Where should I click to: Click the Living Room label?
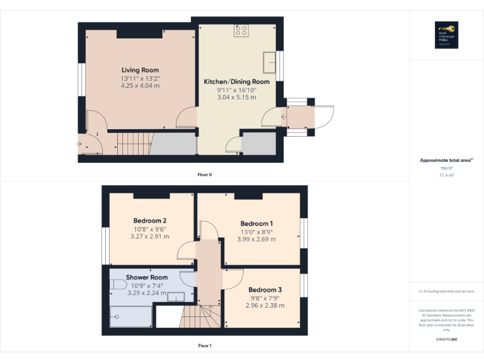point(140,70)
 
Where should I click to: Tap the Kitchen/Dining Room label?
point(236,82)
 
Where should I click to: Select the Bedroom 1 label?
point(256,224)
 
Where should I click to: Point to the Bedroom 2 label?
point(149,221)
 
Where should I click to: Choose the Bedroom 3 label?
point(265,290)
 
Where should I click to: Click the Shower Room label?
point(146,277)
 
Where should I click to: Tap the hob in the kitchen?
point(241,30)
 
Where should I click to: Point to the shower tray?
point(130,316)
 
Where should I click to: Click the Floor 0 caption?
point(204,174)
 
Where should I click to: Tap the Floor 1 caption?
point(204,345)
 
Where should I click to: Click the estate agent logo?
point(446,35)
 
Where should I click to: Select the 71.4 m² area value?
point(446,175)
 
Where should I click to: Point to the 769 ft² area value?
point(446,168)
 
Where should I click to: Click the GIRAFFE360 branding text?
point(446,340)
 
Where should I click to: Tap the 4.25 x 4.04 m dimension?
point(140,85)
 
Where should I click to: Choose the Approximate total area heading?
point(445,161)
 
